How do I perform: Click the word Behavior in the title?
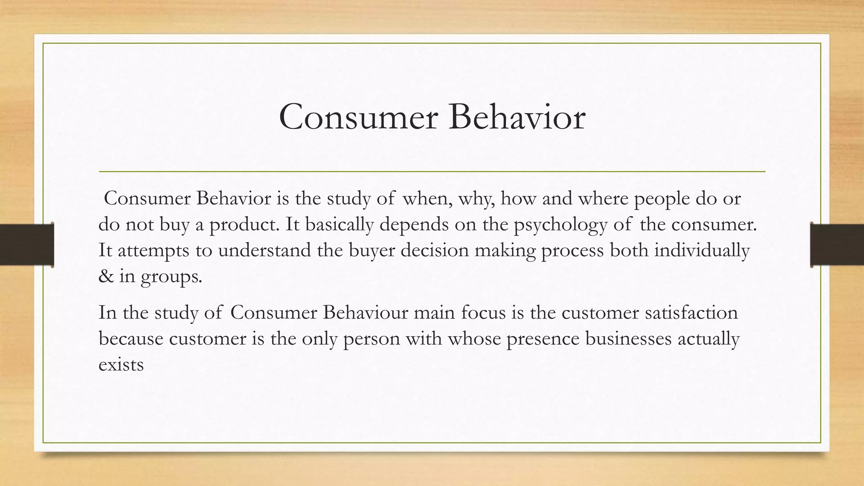point(517,117)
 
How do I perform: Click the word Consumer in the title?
point(358,117)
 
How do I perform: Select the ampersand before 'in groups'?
point(106,276)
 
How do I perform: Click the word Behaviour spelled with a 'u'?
point(366,313)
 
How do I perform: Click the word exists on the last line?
point(121,364)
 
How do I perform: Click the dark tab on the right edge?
point(837,245)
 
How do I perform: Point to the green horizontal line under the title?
point(432,172)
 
